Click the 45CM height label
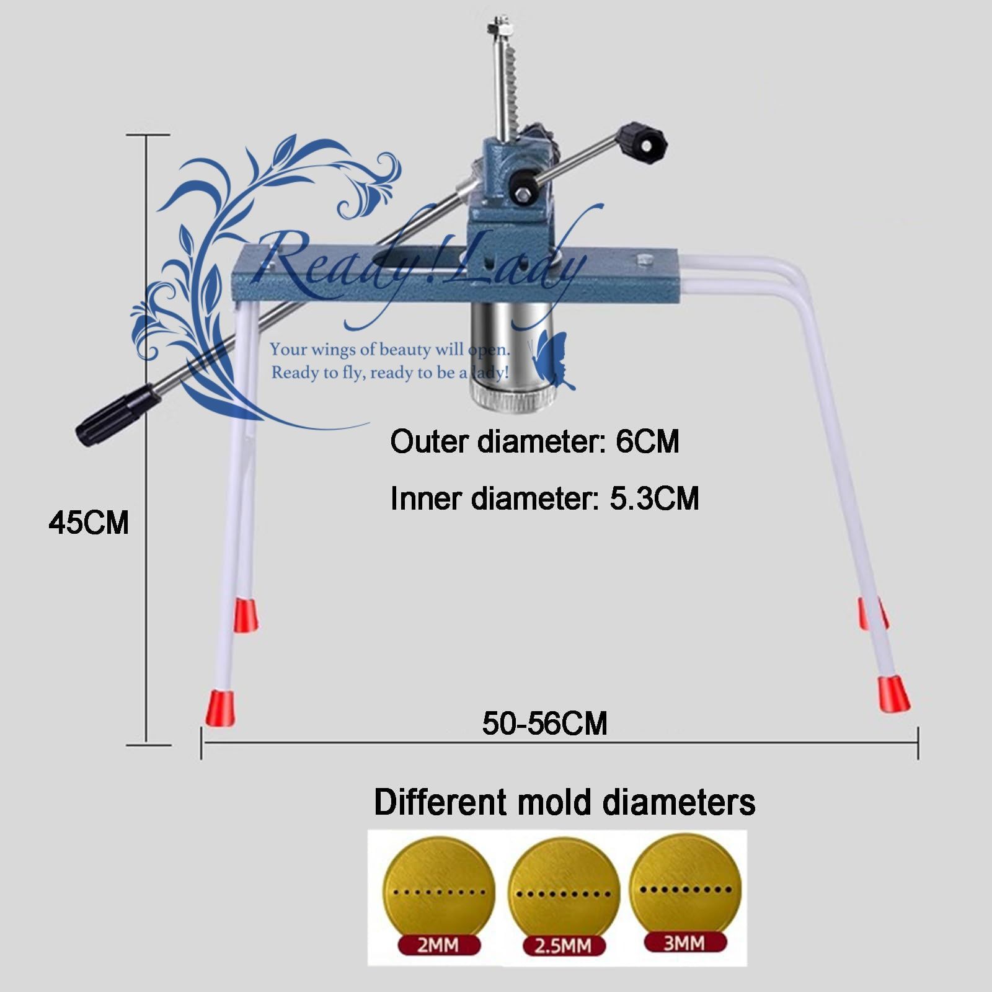pos(89,523)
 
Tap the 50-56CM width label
pos(544,724)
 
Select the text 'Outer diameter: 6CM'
pos(534,442)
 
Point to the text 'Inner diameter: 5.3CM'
pos(544,498)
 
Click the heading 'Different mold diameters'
pos(564,802)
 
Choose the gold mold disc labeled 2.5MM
pos(563,887)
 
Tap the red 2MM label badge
pos(439,945)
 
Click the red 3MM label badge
pos(684,942)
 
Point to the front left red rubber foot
pos(220,707)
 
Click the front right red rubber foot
pos(893,694)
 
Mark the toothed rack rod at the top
pos(510,81)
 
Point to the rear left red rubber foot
pos(246,615)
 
